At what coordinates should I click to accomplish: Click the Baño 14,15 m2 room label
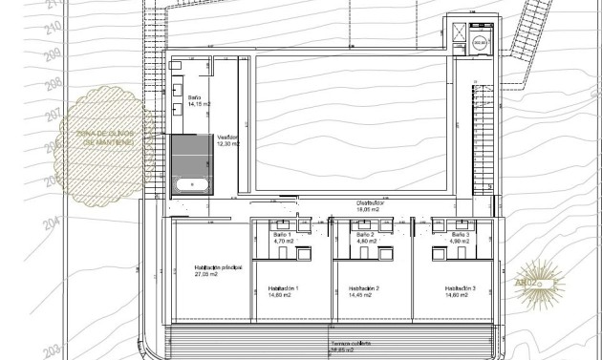[x=195, y=102]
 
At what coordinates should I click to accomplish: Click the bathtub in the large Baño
[x=192, y=181]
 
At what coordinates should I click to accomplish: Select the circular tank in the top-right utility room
[x=479, y=42]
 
